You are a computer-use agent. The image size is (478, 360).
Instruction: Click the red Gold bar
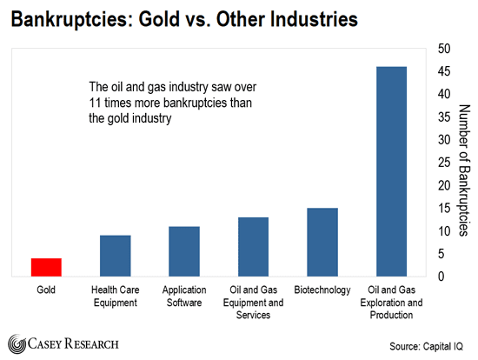pos(46,267)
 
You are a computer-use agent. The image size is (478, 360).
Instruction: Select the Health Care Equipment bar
pos(116,256)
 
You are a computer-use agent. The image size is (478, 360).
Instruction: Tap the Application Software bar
pos(184,251)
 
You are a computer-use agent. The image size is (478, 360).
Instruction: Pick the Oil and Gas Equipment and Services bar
pos(253,247)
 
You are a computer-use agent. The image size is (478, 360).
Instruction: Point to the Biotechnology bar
pos(322,243)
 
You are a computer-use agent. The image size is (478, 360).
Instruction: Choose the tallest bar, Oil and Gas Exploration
pos(391,171)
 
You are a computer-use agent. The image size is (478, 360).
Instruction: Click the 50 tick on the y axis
pos(444,49)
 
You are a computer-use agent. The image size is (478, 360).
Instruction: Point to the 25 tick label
pos(444,163)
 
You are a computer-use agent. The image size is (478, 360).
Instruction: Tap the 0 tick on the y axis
pos(441,277)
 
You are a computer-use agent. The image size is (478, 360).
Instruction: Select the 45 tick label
pos(444,71)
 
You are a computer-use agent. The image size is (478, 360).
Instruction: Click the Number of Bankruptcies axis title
pos(464,170)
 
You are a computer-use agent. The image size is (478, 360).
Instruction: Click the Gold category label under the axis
pos(46,290)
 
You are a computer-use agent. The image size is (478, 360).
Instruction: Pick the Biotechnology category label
pos(322,290)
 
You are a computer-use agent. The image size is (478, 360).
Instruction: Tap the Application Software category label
pos(184,296)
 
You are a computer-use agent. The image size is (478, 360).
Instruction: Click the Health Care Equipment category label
pos(116,296)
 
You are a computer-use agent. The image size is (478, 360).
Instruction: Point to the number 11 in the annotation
pos(95,103)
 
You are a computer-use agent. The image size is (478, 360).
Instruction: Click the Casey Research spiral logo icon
pos(17,343)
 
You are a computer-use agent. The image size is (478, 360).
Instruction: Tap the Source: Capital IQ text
pos(426,347)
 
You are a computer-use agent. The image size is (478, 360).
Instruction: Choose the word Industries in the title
pos(314,19)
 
